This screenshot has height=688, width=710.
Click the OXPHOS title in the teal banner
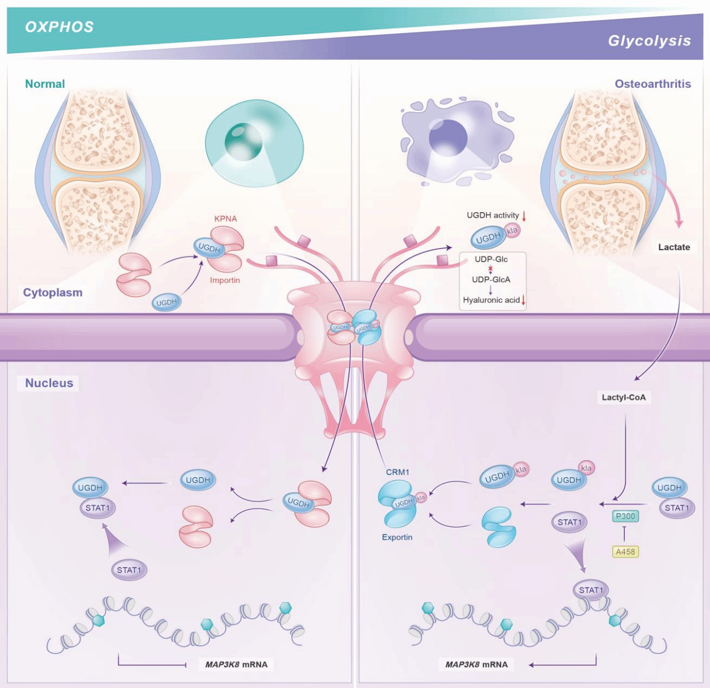pos(59,27)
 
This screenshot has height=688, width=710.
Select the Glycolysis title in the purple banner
pos(649,41)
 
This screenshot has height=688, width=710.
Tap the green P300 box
pos(625,516)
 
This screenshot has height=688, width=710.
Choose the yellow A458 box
pos(625,551)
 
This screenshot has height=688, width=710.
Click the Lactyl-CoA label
pos(623,397)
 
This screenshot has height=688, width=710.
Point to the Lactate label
pos(674,247)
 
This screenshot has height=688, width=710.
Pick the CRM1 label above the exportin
pos(397,472)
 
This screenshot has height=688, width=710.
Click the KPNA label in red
pos(225,218)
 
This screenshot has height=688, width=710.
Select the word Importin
pos(225,280)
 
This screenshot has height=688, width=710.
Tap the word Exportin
pos(397,537)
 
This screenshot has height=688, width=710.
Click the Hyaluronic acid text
pos(491,300)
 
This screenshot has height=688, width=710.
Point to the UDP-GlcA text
pos(491,279)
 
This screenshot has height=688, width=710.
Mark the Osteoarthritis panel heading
pos(652,84)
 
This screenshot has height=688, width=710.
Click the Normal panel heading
pos(45,84)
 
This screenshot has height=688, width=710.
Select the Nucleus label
pos(49,383)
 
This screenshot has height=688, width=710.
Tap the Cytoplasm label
pos(53,292)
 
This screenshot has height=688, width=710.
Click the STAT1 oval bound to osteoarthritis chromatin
pos(590,590)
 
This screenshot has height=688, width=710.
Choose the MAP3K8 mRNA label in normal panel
pos(236,664)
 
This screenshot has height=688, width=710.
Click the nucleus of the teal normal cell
pos(244,140)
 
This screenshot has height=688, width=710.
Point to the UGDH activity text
pos(493,215)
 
